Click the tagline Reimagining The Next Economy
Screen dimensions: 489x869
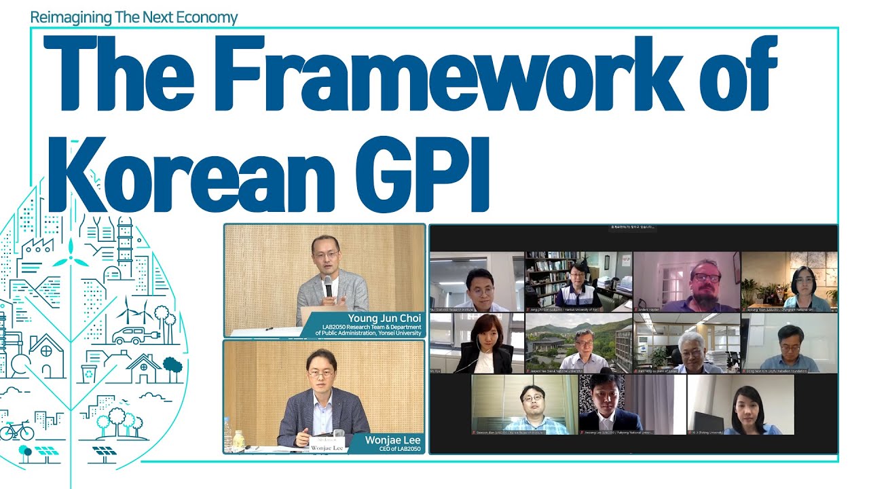click(x=134, y=18)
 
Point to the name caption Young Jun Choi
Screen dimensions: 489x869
click(x=384, y=318)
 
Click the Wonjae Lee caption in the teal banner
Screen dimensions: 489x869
click(x=392, y=440)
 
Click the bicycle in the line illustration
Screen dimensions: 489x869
click(x=16, y=430)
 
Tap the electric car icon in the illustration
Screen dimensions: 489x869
click(x=131, y=335)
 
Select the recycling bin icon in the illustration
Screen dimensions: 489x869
click(x=88, y=373)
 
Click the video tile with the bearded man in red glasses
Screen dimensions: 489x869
click(x=686, y=282)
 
